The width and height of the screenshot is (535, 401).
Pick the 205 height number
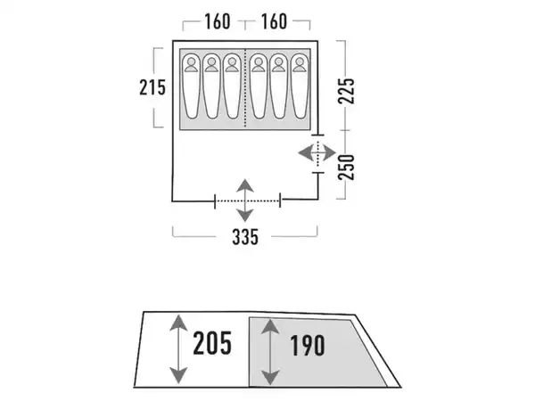click(212, 342)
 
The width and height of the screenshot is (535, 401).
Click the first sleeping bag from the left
click(192, 86)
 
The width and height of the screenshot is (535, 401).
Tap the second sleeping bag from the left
click(212, 86)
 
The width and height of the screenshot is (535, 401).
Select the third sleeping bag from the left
click(232, 86)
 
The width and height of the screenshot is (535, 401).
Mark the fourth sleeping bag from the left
click(258, 86)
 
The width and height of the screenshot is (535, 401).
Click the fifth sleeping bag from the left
click(278, 86)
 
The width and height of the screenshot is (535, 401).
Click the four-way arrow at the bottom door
click(246, 201)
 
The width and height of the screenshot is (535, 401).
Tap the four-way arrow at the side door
click(317, 152)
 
